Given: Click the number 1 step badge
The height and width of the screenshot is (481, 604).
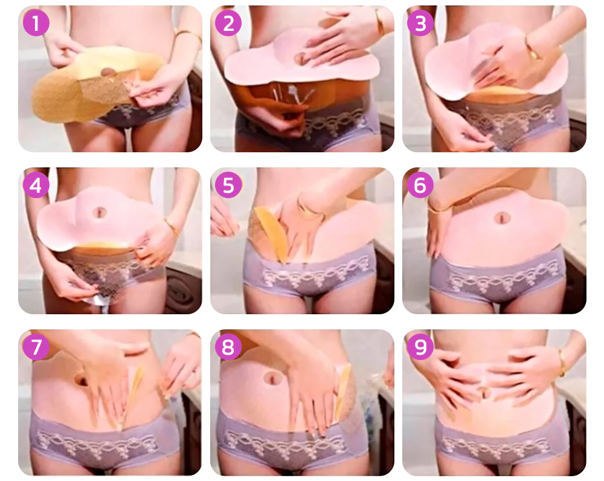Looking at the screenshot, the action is pyautogui.click(x=36, y=23).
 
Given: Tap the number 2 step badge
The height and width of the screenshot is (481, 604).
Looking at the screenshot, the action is pyautogui.click(x=228, y=23).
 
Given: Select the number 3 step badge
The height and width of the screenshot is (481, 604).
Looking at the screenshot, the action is pyautogui.click(x=420, y=23).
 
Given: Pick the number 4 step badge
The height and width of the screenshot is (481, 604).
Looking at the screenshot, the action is pyautogui.click(x=36, y=185).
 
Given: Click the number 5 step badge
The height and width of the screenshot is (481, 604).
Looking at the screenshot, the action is pyautogui.click(x=228, y=185).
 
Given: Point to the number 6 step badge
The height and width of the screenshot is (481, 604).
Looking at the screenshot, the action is pyautogui.click(x=420, y=185).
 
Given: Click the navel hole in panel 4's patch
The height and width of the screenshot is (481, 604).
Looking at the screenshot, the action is pyautogui.click(x=100, y=212).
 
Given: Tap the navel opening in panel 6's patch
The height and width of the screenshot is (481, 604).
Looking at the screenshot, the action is pyautogui.click(x=502, y=218).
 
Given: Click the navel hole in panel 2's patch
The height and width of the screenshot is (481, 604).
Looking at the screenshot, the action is pyautogui.click(x=300, y=59).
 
